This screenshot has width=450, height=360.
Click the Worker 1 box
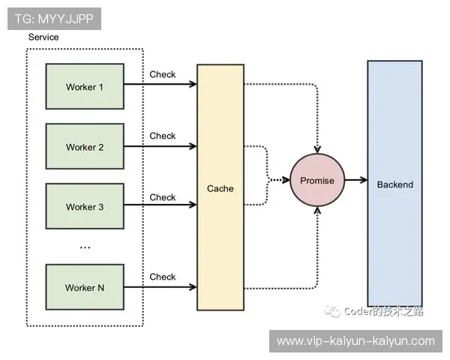coord(85,86)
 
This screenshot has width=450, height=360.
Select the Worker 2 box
coord(85,146)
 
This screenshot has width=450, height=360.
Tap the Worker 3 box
coord(85,206)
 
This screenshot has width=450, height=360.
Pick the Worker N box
coord(85,287)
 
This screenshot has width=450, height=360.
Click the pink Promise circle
coord(317,180)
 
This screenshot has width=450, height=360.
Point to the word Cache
coord(220,188)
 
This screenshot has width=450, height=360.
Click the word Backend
coord(395,184)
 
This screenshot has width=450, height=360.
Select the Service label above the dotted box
coord(43,37)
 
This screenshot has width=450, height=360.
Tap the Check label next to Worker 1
coord(163,74)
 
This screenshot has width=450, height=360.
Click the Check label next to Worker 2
coord(163,136)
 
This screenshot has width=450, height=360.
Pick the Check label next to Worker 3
coord(163,197)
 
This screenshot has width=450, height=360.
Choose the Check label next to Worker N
coord(163,277)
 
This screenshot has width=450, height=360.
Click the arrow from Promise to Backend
coord(356,180)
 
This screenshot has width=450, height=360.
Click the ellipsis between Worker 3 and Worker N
coord(85,247)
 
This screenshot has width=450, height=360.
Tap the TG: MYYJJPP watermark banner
coord(54,19)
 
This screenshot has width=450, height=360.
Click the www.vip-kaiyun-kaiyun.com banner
coord(355,341)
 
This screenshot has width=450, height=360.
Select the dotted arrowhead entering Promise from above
coord(317,149)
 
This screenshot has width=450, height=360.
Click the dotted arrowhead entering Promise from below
coord(317,211)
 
